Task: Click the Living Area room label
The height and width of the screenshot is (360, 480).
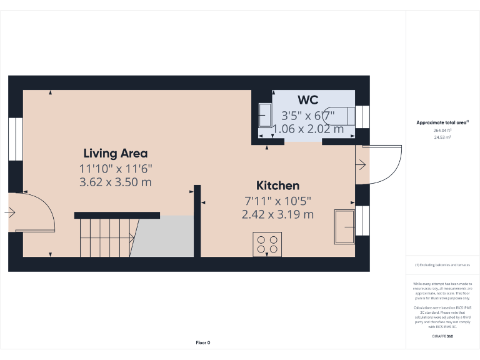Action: coord(116,153)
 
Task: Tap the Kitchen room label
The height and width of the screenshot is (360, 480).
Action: coord(277,186)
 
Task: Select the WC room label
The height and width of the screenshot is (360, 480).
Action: coord(308,100)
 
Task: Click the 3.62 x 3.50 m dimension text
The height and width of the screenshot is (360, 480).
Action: coord(116,182)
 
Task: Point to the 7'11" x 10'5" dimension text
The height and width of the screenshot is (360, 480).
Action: coord(277,201)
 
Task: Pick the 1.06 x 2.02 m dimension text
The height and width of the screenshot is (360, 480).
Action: coord(308,129)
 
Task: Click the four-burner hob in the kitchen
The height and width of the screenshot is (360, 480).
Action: coord(267,244)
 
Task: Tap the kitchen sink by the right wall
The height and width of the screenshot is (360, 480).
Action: coord(344,227)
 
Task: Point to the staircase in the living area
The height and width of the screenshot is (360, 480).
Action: coord(106,237)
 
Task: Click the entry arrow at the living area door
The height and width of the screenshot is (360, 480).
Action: coord(9,212)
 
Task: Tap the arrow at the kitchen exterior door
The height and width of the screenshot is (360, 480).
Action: coord(361,164)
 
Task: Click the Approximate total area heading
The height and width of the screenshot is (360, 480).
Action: coord(442,122)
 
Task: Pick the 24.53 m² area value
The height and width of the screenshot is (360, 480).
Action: coord(442,137)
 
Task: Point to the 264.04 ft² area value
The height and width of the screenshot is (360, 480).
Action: coord(442,130)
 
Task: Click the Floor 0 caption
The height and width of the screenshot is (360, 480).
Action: coord(203,342)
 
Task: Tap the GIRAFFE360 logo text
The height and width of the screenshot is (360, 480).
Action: coord(442,336)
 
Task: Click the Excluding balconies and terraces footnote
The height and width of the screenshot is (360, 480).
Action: coord(442,265)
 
